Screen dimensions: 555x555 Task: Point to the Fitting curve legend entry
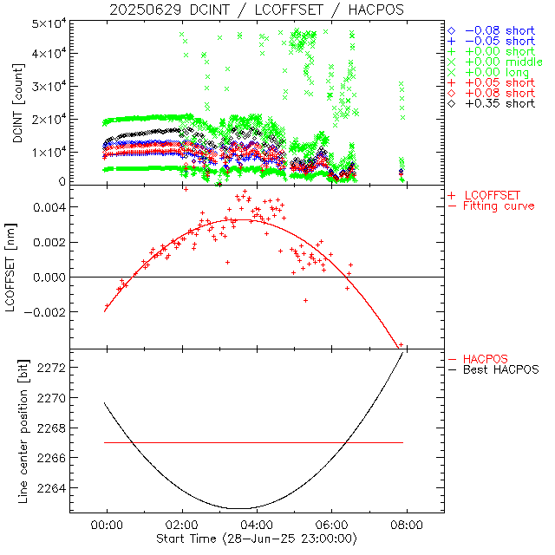click(499, 206)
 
